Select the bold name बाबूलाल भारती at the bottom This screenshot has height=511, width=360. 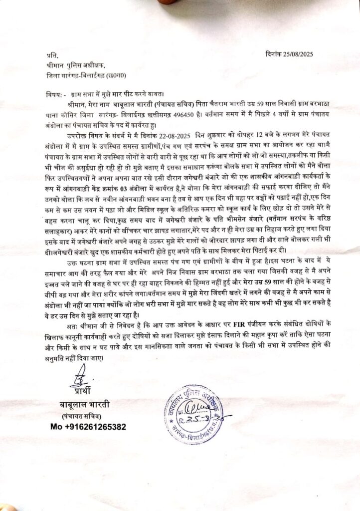pyautogui.click(x=82, y=404)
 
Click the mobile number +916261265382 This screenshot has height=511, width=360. pyautogui.click(x=88, y=427)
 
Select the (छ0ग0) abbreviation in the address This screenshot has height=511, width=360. pyautogui.click(x=131, y=77)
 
